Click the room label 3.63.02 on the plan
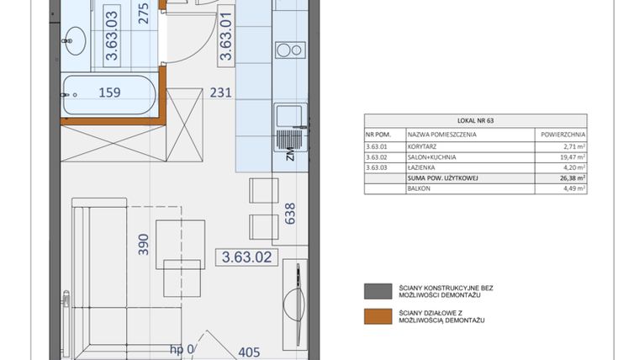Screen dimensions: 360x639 coord(246,257)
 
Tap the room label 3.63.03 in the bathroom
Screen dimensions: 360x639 coord(111,37)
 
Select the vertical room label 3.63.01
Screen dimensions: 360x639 coord(225,37)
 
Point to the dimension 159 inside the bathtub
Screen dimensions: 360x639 coord(109,93)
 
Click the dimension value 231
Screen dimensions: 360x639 coord(220,94)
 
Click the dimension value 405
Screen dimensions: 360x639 coord(251,352)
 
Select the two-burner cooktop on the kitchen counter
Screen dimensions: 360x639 coord(290,50)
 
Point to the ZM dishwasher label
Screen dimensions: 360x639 coord(289,153)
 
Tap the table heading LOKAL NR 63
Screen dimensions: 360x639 coord(476,121)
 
